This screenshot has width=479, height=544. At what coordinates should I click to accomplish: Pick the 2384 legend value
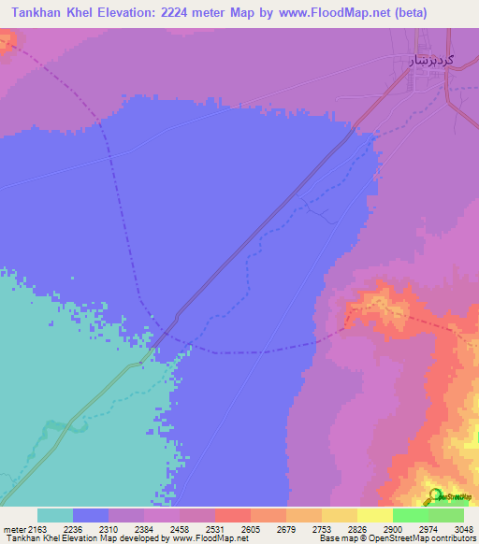coord(143,528)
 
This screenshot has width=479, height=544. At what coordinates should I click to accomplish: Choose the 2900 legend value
coord(392,528)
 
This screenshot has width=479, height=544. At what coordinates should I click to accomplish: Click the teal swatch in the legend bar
coord(54,515)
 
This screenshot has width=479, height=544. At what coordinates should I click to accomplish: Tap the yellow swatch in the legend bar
coord(374,515)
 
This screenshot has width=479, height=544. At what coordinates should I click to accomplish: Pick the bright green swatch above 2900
coord(410,515)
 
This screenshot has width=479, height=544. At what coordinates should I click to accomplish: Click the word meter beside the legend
coord(13,528)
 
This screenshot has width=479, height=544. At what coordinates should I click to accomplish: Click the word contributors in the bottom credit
coord(452,538)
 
